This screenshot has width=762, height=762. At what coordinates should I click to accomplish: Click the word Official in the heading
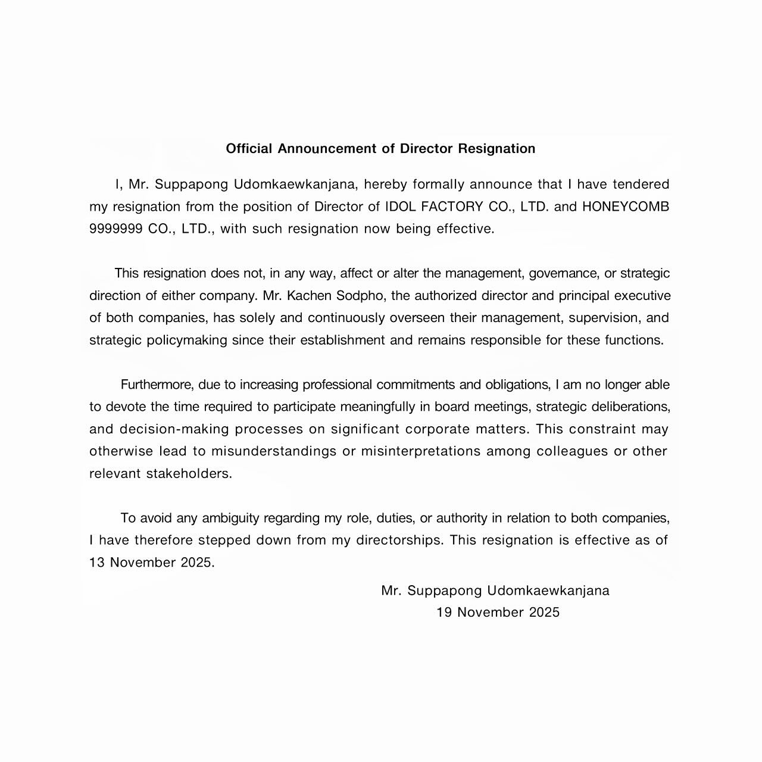(249, 149)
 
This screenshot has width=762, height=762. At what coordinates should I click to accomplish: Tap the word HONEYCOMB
(626, 207)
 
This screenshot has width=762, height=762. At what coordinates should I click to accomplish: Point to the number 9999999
(115, 229)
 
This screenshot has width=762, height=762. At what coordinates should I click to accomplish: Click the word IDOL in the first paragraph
(401, 207)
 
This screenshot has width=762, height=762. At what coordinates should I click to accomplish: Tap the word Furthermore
(157, 385)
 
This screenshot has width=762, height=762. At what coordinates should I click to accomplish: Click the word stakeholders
(188, 474)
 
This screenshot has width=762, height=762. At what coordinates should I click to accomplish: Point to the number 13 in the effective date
(96, 563)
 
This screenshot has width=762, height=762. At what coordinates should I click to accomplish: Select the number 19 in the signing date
(444, 613)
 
